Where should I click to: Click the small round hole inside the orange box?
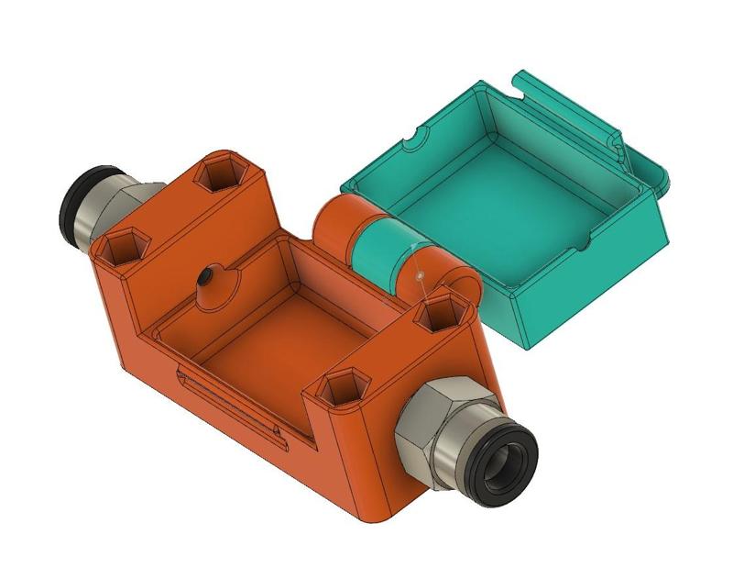tap(210, 275)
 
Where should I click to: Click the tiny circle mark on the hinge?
tap(418, 273)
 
